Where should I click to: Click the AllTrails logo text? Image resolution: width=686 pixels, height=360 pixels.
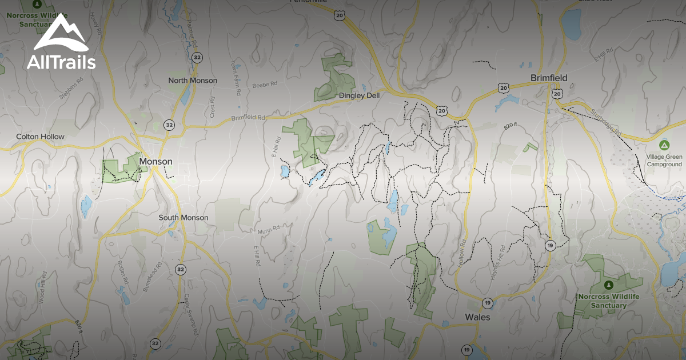(61, 62)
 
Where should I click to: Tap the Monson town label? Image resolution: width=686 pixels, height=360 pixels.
(155, 162)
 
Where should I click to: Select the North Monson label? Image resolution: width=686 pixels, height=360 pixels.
(193, 81)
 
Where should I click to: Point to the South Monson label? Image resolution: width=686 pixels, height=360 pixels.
(184, 218)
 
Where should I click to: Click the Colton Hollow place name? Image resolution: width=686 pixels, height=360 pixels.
(40, 137)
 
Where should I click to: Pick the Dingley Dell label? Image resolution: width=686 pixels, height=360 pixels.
(360, 95)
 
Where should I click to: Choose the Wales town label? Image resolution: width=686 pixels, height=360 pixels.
(477, 317)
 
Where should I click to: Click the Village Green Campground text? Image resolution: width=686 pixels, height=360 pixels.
(664, 160)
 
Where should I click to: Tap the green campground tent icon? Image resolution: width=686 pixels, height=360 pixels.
(664, 145)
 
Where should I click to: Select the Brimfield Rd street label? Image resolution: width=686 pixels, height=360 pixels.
(249, 118)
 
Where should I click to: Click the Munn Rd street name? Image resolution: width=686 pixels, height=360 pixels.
(268, 228)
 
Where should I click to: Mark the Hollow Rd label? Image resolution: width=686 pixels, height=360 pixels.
(461, 251)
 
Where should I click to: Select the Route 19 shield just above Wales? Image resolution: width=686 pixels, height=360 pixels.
(487, 302)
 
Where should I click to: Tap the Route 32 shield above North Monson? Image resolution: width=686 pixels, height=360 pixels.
(197, 57)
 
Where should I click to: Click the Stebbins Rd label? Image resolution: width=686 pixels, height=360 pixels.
(71, 89)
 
